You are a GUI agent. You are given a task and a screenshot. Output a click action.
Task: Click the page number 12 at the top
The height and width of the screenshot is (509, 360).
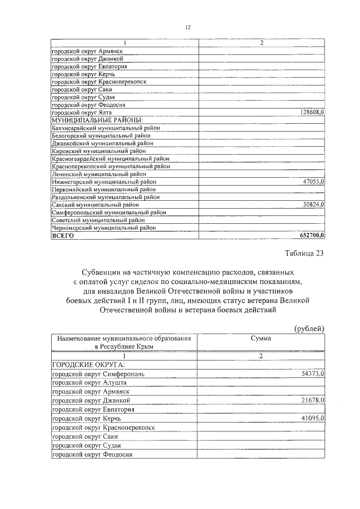[188, 28]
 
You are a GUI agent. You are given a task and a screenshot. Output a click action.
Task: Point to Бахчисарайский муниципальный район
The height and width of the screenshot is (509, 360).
[106, 128]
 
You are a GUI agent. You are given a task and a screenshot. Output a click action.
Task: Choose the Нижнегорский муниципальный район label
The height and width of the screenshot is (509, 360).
[103, 182]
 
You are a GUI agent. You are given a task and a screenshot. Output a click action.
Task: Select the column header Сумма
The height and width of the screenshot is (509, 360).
[260, 339]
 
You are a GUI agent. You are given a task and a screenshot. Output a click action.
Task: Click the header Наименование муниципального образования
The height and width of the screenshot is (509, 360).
[123, 339]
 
